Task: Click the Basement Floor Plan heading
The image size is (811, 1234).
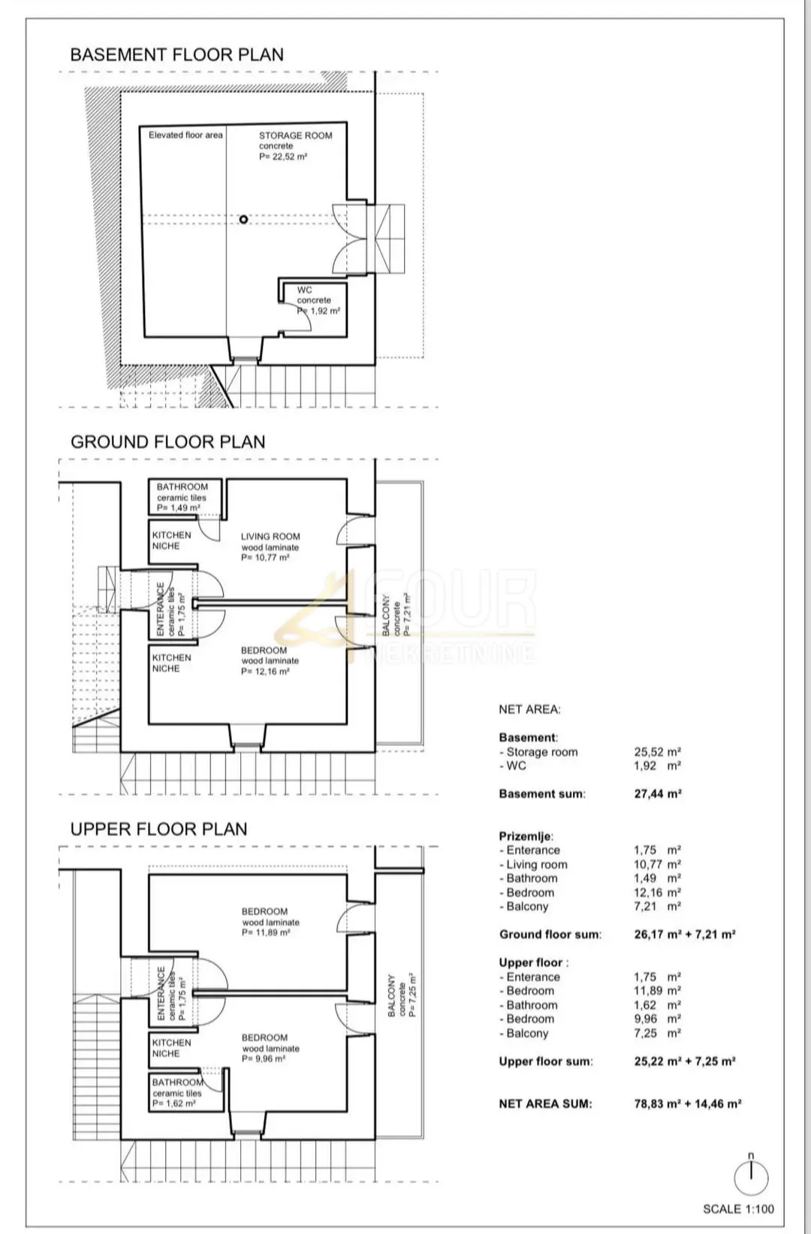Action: tap(177, 55)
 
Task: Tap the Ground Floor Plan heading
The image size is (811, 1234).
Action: tap(167, 442)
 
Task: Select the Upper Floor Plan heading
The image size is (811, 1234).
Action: tap(158, 829)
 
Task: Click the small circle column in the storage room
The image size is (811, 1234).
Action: tap(243, 219)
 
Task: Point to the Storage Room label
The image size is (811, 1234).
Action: tap(296, 146)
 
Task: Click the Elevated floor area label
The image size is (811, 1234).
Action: tap(185, 135)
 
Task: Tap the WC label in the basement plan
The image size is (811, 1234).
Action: tap(318, 300)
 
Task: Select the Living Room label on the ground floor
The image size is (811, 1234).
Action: tap(270, 547)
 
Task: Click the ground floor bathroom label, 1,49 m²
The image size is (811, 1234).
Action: tap(182, 497)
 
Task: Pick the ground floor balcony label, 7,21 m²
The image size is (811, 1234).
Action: tap(396, 614)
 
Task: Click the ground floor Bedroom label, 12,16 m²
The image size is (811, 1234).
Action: tap(270, 661)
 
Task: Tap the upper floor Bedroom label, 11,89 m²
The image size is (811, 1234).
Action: tap(270, 922)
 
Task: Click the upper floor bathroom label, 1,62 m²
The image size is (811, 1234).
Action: tap(177, 1093)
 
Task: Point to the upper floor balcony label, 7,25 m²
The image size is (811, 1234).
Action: tap(402, 995)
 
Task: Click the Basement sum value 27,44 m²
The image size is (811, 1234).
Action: tap(658, 794)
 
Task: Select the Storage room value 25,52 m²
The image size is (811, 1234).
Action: tap(657, 752)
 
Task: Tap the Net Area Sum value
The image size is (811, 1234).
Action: tap(688, 1103)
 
